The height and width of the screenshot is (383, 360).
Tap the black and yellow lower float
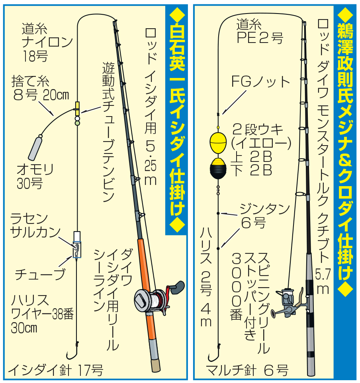218,168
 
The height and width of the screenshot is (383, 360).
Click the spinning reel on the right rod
289,303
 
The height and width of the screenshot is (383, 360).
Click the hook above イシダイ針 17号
72,351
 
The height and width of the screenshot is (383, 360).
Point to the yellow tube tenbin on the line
77,109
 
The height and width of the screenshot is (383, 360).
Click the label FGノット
260,82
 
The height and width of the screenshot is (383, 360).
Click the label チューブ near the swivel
40,274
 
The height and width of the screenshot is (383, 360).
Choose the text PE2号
260,38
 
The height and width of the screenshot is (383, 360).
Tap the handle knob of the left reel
179,287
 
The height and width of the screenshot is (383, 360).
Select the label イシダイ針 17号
55,370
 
